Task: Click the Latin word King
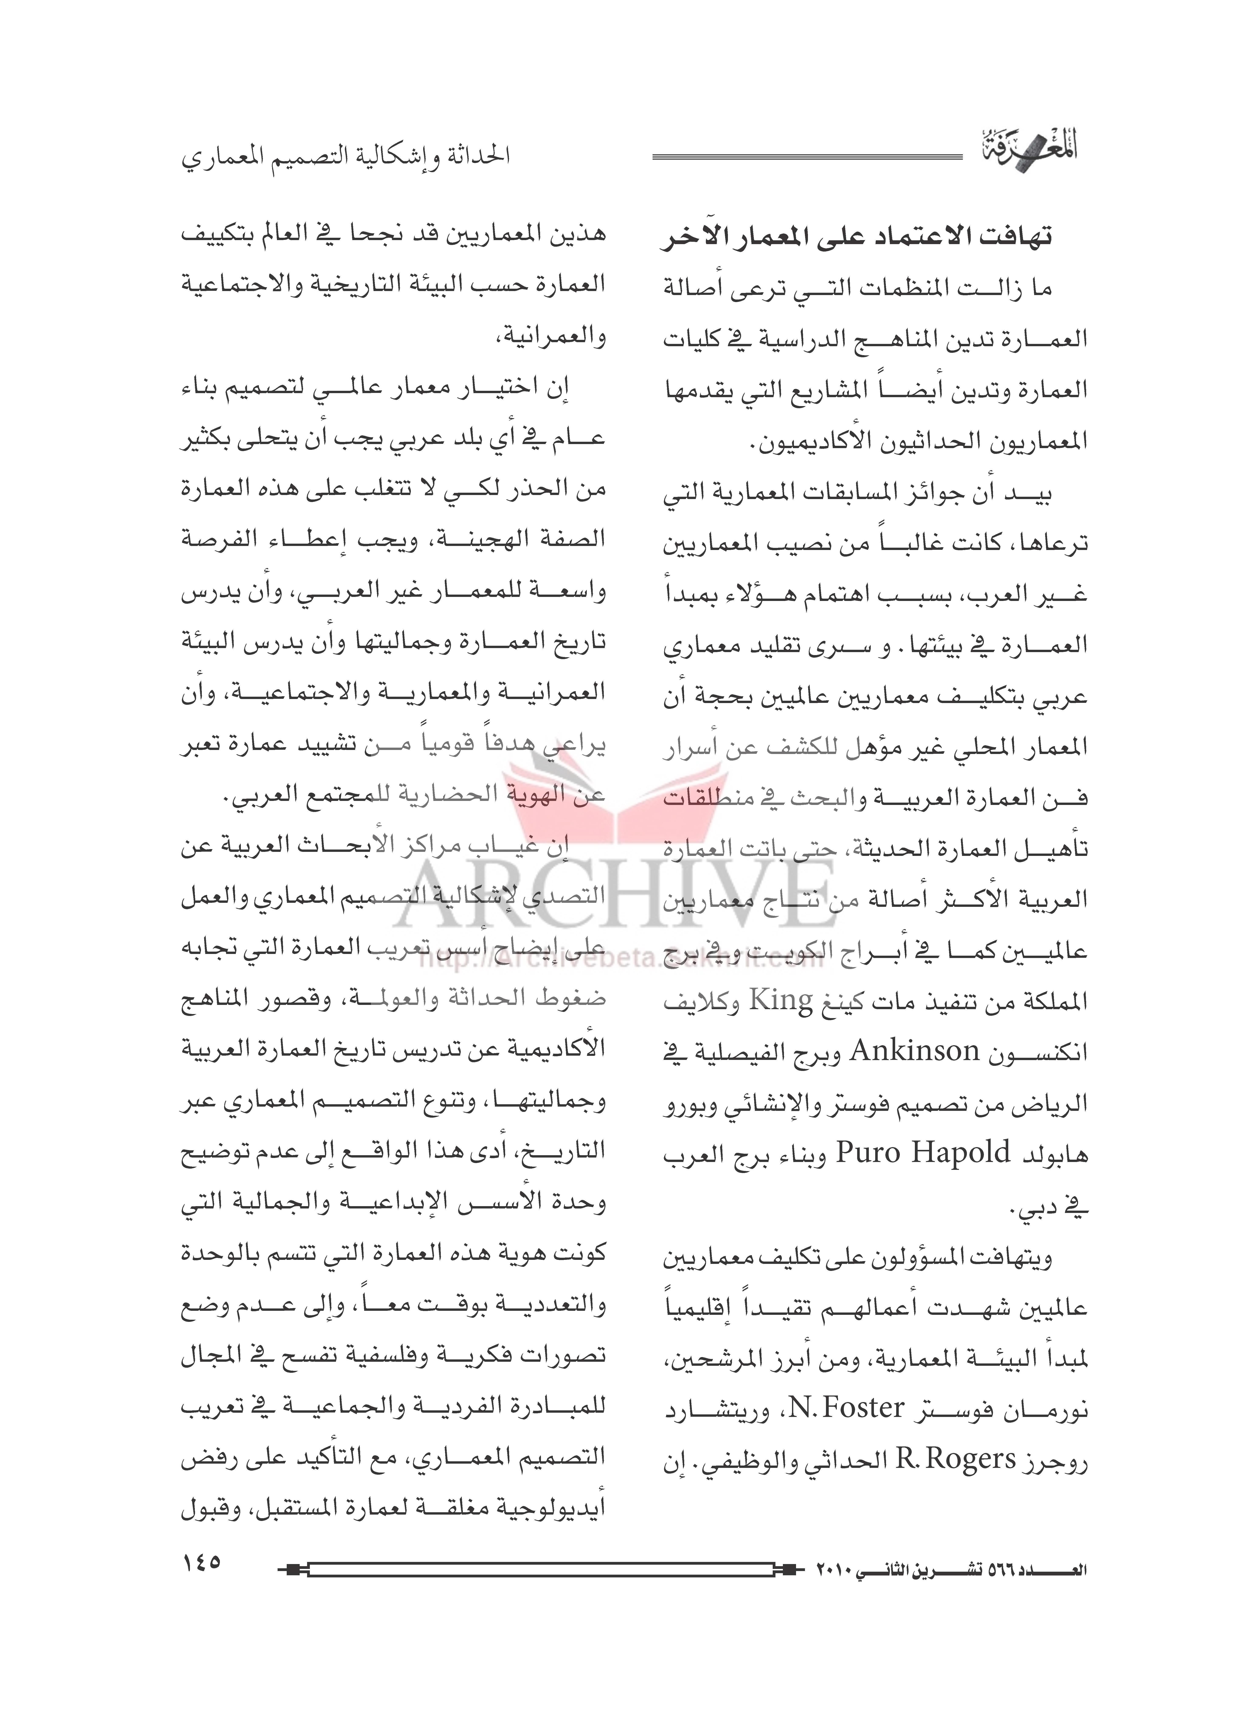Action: click(x=781, y=1001)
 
